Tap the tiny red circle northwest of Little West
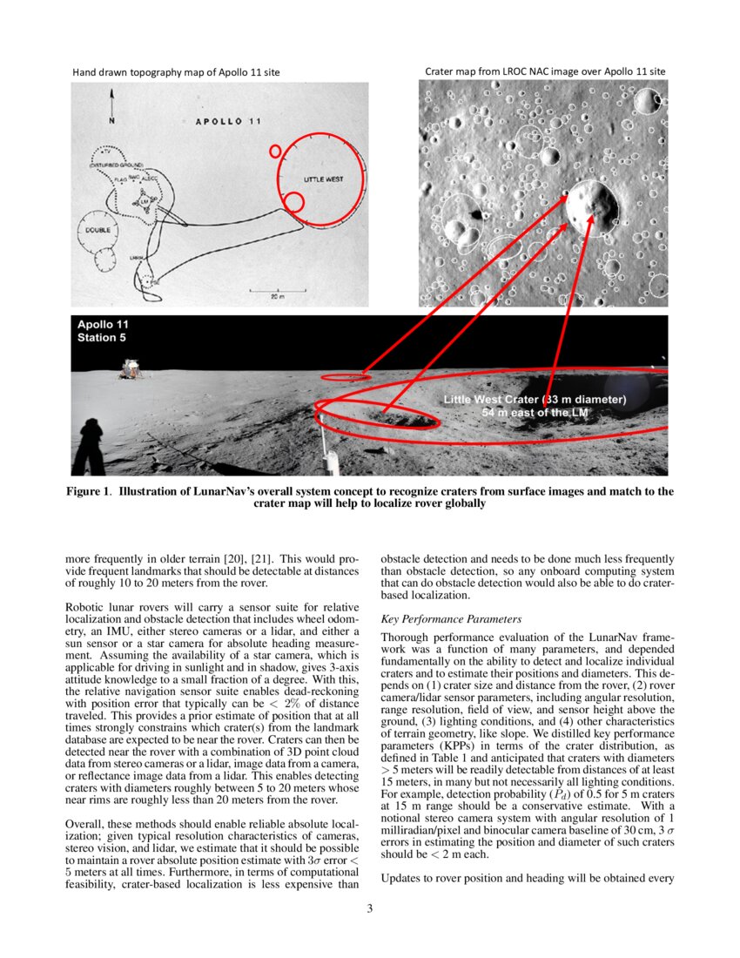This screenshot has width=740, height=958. coord(275,151)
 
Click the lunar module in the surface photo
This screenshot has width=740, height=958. coord(131,368)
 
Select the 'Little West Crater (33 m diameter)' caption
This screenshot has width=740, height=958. coord(535,400)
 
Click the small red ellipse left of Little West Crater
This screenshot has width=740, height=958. coord(346,377)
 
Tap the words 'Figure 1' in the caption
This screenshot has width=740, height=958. coord(89,491)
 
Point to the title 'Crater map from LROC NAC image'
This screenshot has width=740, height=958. coord(545,71)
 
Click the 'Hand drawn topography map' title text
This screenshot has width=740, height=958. coord(176,71)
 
